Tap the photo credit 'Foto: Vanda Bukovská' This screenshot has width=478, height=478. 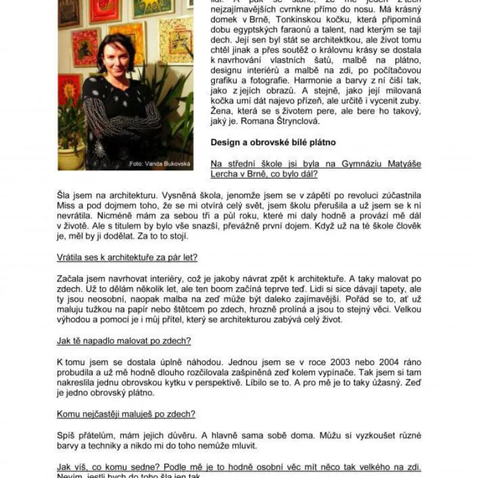tap(160, 164)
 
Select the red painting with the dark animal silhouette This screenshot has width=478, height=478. tap(86, 48)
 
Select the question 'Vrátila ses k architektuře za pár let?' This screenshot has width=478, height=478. tap(127, 258)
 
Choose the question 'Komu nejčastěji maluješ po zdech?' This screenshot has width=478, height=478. tap(126, 413)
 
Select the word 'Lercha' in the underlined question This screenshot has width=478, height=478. tap(225, 174)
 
